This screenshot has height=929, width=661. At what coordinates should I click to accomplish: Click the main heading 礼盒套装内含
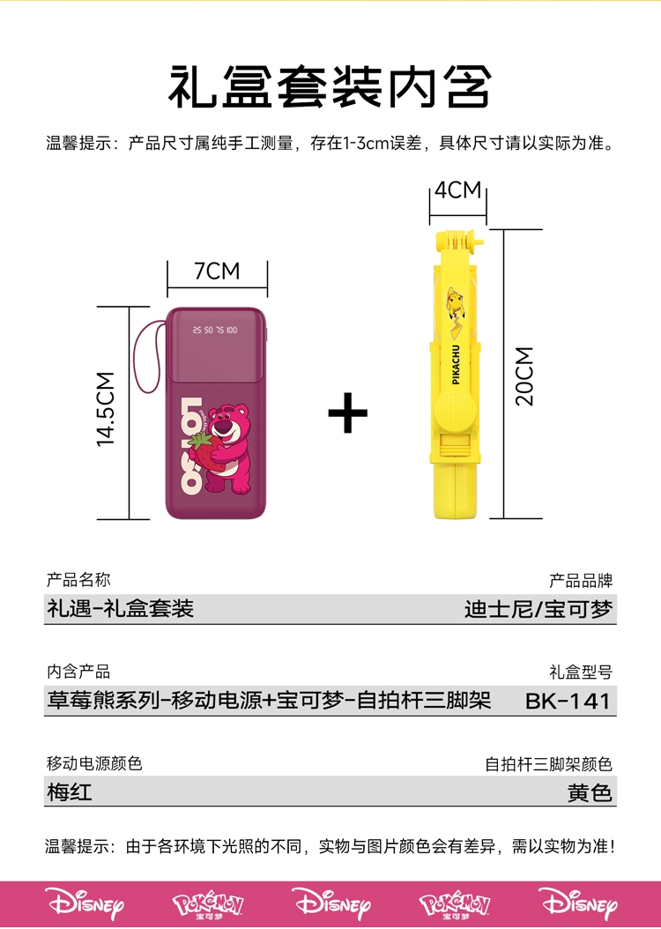(x=330, y=86)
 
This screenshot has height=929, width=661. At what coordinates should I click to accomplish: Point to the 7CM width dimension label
(x=217, y=271)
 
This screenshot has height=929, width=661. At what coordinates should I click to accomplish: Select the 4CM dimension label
(x=457, y=190)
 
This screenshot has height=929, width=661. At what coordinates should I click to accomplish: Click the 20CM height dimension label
(x=525, y=375)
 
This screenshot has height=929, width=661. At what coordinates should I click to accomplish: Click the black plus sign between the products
(x=347, y=412)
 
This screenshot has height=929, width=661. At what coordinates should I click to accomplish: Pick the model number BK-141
(x=567, y=702)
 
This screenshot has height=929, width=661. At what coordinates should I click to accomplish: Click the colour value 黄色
(x=590, y=792)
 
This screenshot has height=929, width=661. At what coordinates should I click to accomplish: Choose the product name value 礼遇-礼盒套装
(x=120, y=608)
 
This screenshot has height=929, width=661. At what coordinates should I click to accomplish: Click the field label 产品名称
(x=78, y=580)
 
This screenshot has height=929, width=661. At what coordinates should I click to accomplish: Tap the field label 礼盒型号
(x=580, y=673)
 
